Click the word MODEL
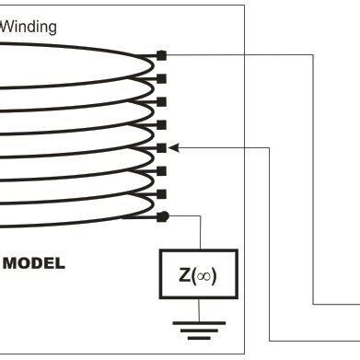[x=34, y=263]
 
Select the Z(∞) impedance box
[x=198, y=275]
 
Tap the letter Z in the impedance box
[x=185, y=275]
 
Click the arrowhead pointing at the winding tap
[x=174, y=146]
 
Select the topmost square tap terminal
[x=162, y=55]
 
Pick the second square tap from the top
[x=162, y=78]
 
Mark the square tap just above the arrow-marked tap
[x=162, y=124]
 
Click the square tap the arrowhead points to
[x=162, y=147]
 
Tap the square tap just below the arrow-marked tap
[x=162, y=170]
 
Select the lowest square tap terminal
[x=162, y=193]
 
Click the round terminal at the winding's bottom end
[x=162, y=216]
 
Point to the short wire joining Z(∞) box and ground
[x=198, y=309]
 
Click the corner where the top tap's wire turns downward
[x=316, y=55]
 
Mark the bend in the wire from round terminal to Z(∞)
[x=198, y=216]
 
